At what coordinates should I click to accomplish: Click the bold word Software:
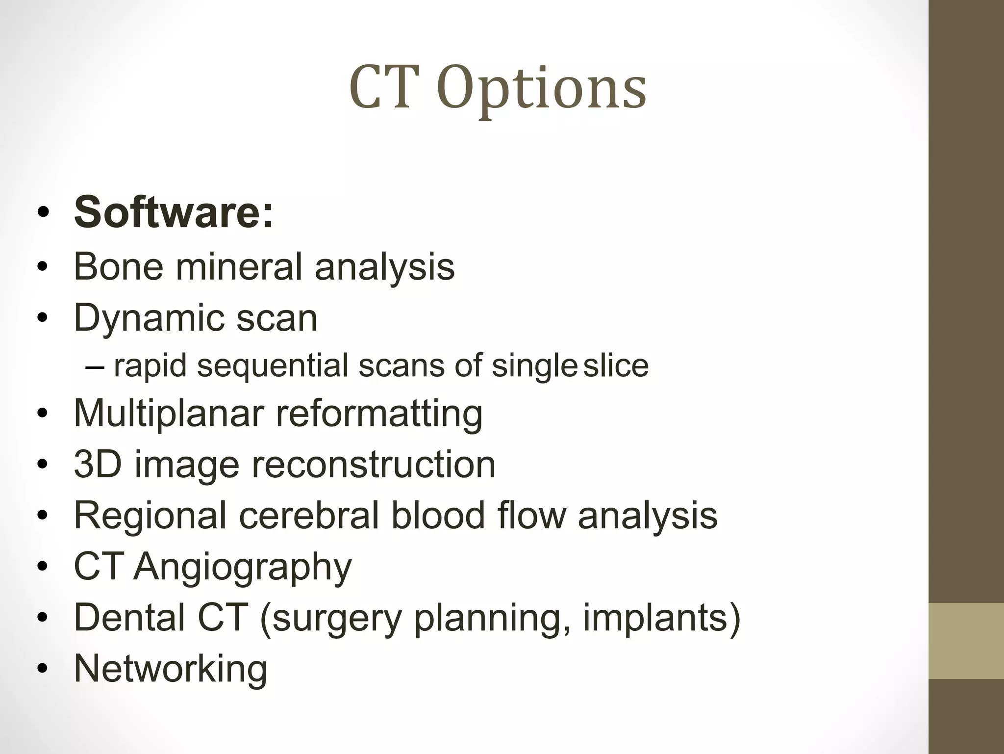[174, 212]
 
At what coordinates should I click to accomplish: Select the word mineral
[239, 267]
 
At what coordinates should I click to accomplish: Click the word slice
[616, 366]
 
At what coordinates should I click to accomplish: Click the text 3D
[98, 465]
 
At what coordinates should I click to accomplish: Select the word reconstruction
[374, 465]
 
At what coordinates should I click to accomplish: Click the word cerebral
[309, 516]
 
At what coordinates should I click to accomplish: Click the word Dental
[129, 617]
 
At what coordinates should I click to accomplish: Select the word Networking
[171, 669]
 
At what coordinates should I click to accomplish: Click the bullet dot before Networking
[43, 669]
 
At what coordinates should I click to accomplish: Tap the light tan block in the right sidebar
[966, 641]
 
